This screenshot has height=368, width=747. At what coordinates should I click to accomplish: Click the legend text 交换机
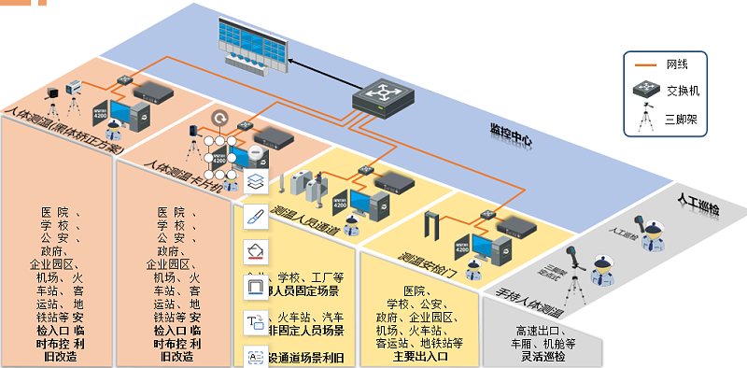[x=683, y=92]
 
